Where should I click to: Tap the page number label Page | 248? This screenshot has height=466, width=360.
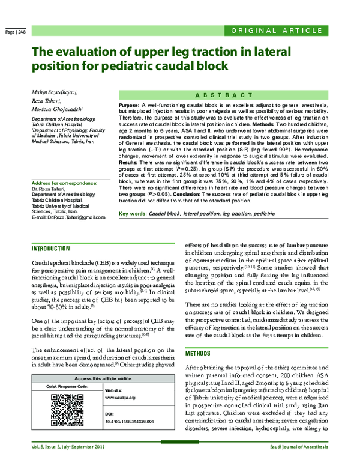point(15,31)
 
